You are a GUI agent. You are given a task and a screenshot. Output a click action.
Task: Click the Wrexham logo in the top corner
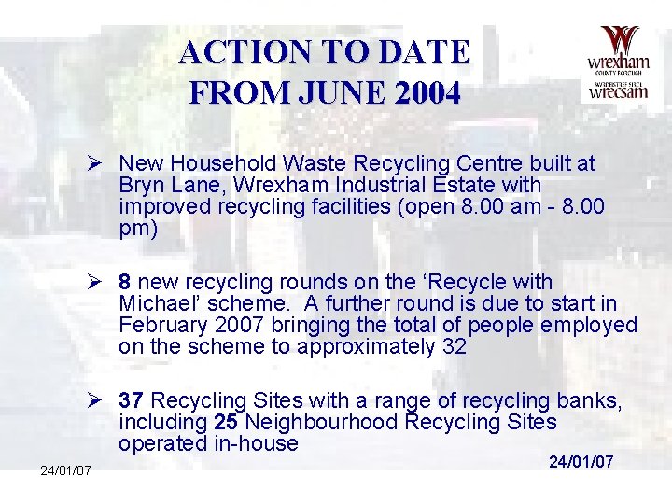coord(617,63)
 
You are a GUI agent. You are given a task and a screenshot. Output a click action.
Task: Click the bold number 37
coord(131,401)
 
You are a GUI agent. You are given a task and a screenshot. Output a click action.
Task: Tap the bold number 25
coord(225,423)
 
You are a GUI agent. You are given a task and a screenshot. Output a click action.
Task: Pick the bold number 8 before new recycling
coord(124,282)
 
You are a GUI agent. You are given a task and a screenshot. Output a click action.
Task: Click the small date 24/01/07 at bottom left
coord(65,470)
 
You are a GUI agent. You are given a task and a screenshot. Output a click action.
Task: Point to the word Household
coord(212,164)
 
